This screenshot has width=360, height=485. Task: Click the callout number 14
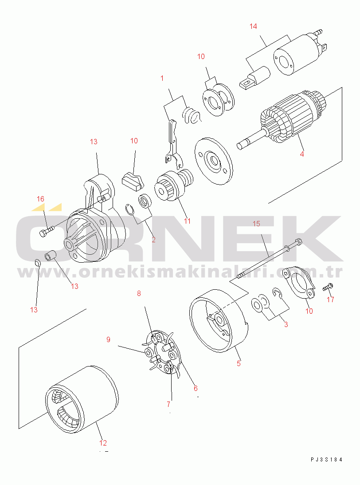click(x=253, y=26)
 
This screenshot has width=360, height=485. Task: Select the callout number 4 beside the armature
click(x=302, y=154)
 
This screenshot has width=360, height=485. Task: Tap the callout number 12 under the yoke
click(x=103, y=443)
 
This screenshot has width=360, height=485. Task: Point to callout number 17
click(x=330, y=300)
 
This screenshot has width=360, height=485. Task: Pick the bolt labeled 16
click(x=47, y=230)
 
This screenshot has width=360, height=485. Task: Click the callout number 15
click(x=257, y=223)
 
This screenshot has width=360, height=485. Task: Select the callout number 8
click(x=139, y=293)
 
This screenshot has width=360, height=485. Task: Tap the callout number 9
click(x=108, y=339)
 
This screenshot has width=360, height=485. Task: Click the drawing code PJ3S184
click(x=327, y=460)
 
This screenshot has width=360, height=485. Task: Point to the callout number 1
click(x=162, y=78)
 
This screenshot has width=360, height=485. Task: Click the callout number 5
click(x=239, y=363)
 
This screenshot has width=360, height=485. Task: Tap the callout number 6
click(x=196, y=388)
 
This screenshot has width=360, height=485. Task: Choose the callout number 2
click(x=153, y=240)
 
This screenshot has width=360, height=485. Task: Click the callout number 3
click(x=286, y=324)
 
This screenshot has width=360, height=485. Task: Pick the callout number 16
click(x=40, y=199)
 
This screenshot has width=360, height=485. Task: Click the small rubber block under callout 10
click(x=133, y=181)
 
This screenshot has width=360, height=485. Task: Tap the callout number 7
click(x=168, y=404)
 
